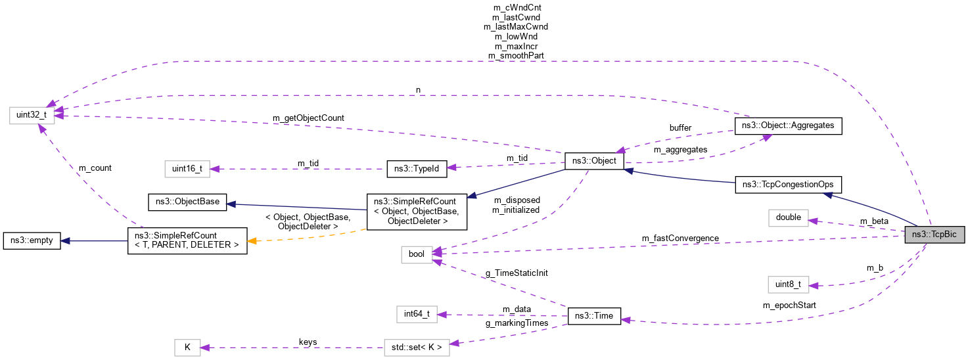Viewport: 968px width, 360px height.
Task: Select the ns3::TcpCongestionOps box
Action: pyautogui.click(x=788, y=185)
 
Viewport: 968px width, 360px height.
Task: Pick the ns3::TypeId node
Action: pyautogui.click(x=417, y=169)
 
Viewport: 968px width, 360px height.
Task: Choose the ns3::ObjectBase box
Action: pyautogui.click(x=187, y=202)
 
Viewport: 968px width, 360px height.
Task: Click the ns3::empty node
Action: pyautogui.click(x=32, y=240)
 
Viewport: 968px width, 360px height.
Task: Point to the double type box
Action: pyautogui.click(x=788, y=217)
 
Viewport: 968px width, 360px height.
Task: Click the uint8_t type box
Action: pyautogui.click(x=788, y=284)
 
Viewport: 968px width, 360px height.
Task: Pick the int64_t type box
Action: pyautogui.click(x=417, y=314)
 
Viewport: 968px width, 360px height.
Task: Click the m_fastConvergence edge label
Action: pyautogui.click(x=680, y=238)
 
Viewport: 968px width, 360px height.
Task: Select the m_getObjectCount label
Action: pyautogui.click(x=308, y=118)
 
